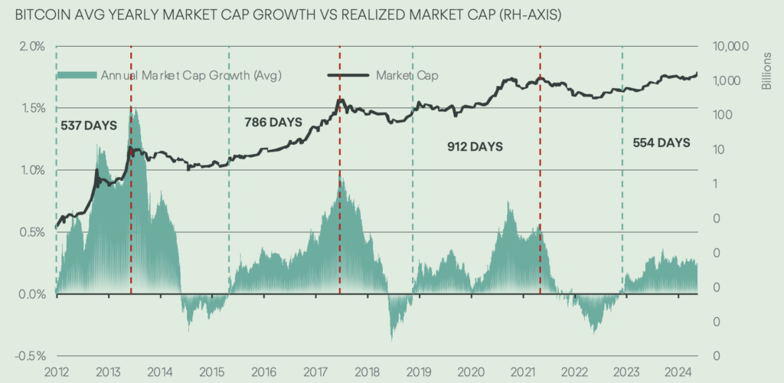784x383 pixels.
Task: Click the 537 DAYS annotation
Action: click(x=88, y=125)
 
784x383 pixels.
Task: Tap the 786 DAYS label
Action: click(x=273, y=122)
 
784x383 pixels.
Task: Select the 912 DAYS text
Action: click(x=475, y=146)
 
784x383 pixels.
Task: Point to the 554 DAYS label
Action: click(x=661, y=142)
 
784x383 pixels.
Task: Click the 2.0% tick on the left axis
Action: click(x=33, y=46)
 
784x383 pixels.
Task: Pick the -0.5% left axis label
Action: click(x=31, y=356)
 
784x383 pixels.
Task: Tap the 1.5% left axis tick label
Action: click(x=33, y=108)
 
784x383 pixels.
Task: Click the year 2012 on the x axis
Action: click(x=56, y=372)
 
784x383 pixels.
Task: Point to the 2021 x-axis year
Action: click(x=525, y=372)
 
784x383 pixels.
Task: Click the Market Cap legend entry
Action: click(x=407, y=75)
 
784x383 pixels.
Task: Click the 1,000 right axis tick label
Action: click(x=725, y=80)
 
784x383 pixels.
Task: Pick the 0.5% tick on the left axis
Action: click(x=33, y=232)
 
